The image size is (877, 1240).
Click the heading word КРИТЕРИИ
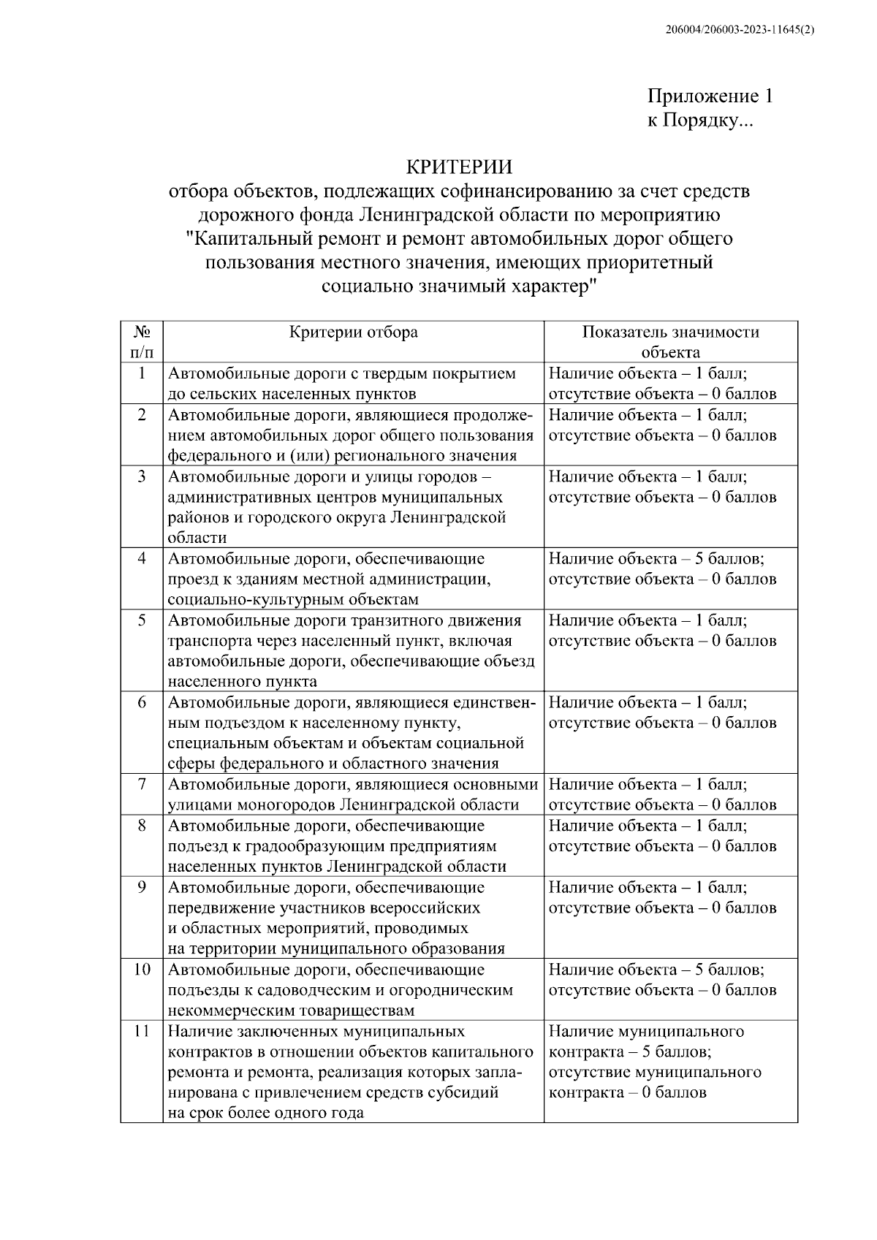[x=459, y=167]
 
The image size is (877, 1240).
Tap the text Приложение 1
[x=710, y=96]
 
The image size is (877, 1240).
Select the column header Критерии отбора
[x=354, y=332]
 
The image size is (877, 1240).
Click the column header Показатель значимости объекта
[x=670, y=342]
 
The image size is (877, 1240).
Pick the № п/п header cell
[x=142, y=342]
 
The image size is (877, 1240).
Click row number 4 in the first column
[x=142, y=559]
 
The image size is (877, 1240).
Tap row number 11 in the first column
[x=142, y=1031]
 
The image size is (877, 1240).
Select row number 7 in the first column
[x=142, y=785]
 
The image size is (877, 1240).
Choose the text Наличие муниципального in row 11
[x=646, y=1032]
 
